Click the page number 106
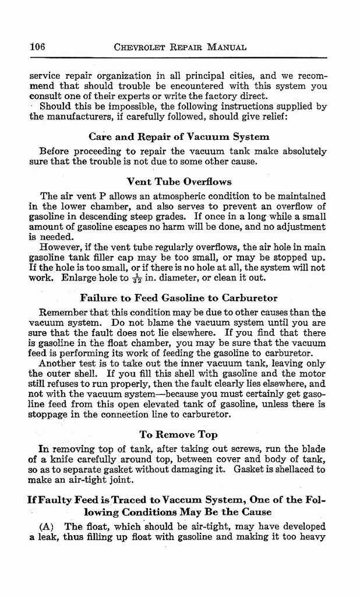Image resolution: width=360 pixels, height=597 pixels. point(37,47)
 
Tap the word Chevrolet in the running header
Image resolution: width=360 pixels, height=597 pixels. point(140,47)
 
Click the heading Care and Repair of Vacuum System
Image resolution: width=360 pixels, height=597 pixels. point(179,137)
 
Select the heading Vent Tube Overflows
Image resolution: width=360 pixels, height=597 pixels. point(179,181)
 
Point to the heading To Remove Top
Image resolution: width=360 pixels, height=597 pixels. point(179,434)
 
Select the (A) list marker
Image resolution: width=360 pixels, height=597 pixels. point(47,526)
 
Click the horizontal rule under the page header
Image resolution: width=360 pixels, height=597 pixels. point(179,58)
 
